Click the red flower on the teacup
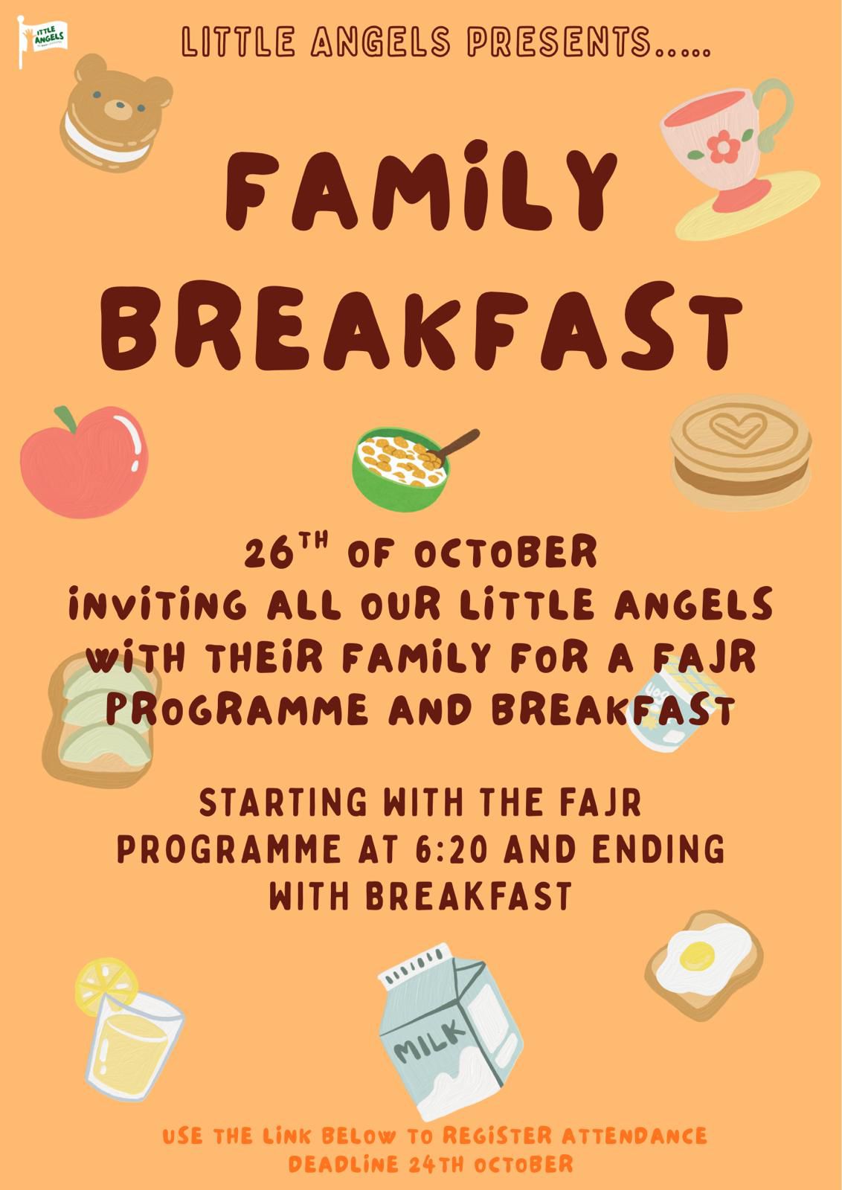[x=723, y=146]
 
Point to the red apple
[x=84, y=461]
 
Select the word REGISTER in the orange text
[x=497, y=1135]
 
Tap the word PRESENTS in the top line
[x=559, y=42]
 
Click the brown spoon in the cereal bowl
[x=454, y=444]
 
